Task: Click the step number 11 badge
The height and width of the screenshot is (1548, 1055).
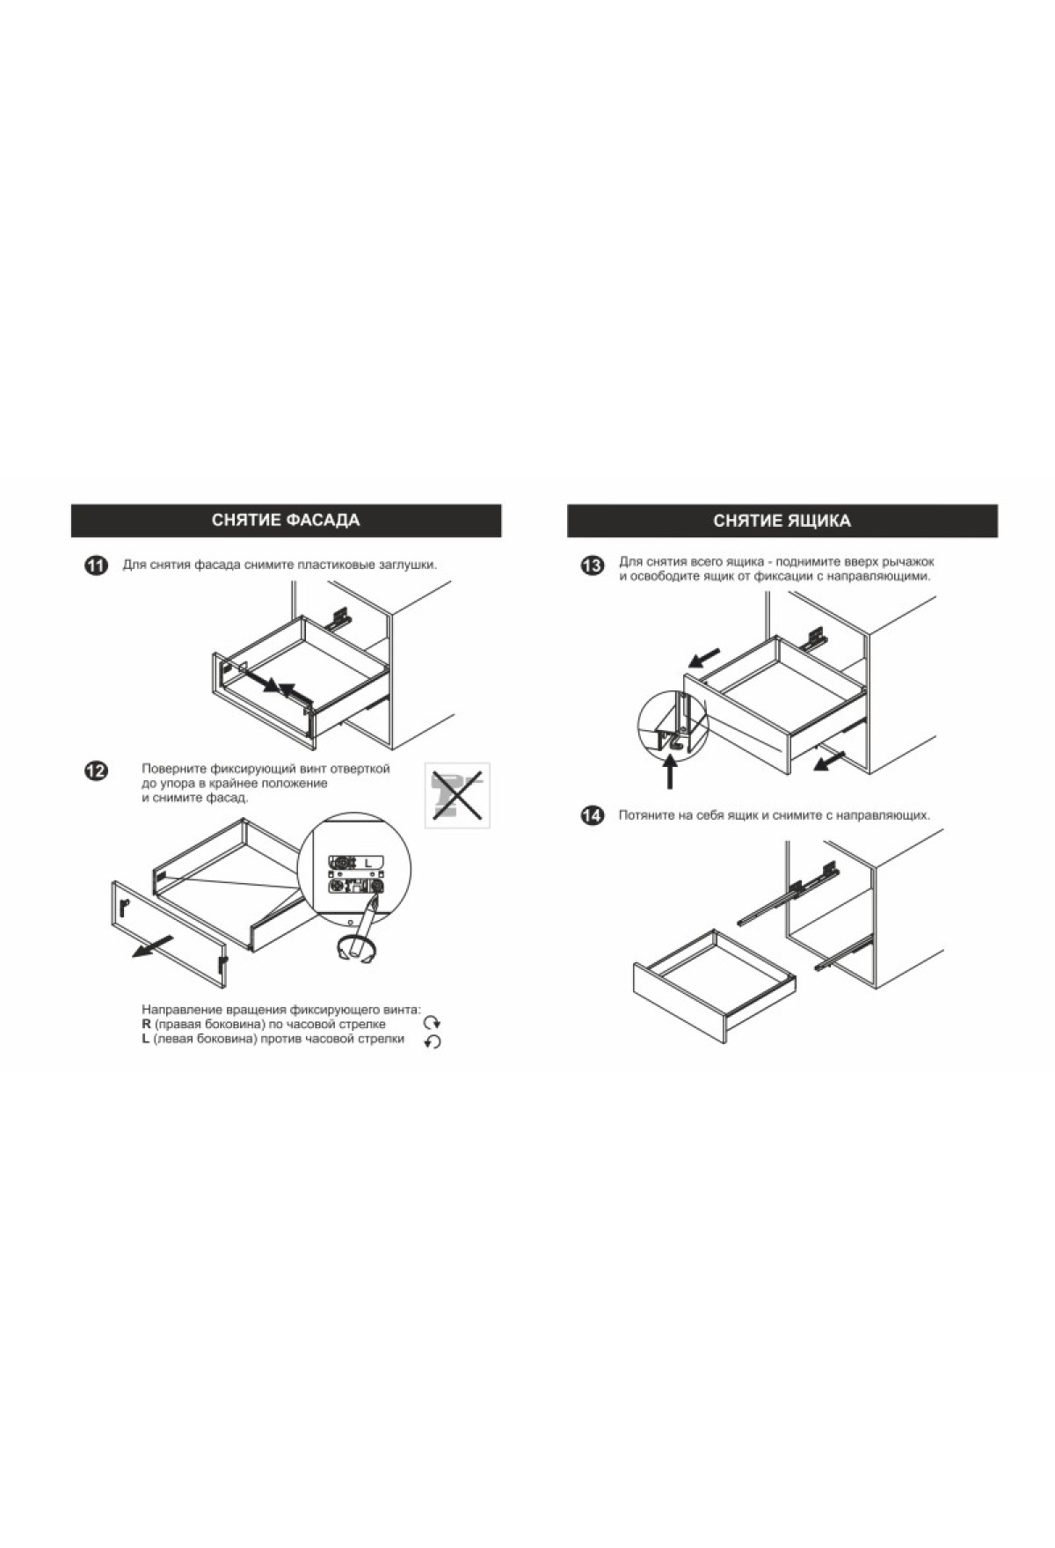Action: coord(96,566)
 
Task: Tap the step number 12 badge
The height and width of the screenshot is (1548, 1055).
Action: coord(96,770)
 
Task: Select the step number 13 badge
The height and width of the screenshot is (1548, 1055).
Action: coord(593,566)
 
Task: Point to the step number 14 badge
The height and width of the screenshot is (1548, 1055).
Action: coord(593,816)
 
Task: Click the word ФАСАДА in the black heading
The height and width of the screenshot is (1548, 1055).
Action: coord(321,520)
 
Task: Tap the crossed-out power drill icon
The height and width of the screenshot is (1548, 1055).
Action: coord(457,795)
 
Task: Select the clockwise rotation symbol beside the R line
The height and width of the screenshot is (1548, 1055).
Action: coord(432,1023)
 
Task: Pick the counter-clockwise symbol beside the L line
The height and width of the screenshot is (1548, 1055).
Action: coord(432,1041)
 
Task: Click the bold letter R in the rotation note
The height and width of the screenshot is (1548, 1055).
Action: coord(146,1025)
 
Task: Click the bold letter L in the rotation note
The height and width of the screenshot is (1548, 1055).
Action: coord(146,1040)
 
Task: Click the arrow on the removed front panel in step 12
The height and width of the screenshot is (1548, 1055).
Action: coord(152,947)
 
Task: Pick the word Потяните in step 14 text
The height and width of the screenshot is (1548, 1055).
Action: coord(645,815)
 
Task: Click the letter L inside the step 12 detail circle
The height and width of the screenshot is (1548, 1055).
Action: coord(369,864)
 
